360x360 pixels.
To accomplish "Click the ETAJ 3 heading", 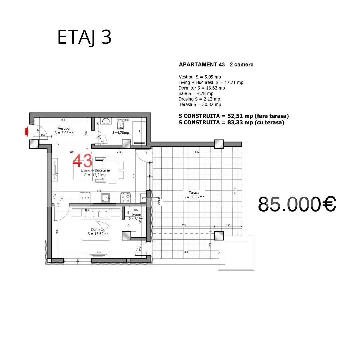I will [x=84, y=37].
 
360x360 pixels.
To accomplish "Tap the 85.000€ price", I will [x=297, y=204].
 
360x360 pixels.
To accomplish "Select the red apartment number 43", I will [x=82, y=161].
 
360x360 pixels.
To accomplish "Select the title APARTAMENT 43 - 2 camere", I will [x=216, y=65].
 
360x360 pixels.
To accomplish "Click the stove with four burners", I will [x=126, y=197].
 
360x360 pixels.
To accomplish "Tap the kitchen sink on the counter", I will [x=106, y=197].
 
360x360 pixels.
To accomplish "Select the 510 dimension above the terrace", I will [x=197, y=152].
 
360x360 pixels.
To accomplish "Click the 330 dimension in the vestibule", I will [x=62, y=120].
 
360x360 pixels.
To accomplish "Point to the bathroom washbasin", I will [x=106, y=121].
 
